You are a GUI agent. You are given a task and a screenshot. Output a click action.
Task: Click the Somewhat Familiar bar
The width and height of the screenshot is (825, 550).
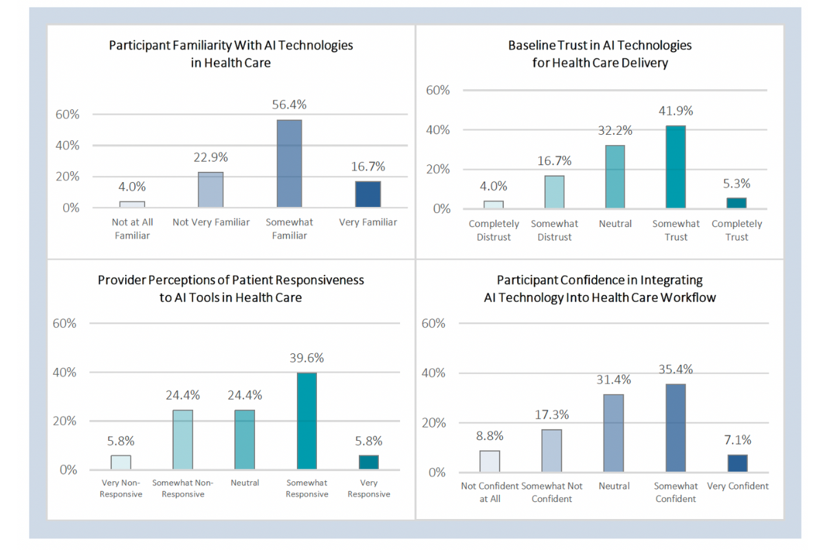(289, 164)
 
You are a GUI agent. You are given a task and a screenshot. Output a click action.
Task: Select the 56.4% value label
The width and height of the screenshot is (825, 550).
(289, 105)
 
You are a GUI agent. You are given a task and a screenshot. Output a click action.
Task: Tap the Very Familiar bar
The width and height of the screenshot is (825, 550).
(368, 194)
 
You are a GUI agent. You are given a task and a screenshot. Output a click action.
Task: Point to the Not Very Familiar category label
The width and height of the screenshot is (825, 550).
(211, 222)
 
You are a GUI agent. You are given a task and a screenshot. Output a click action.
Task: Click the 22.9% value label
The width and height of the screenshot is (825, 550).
(211, 157)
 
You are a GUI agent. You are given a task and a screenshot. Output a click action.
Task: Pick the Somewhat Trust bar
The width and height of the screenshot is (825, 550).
(675, 167)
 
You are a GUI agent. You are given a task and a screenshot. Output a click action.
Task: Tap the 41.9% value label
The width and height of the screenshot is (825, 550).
(675, 111)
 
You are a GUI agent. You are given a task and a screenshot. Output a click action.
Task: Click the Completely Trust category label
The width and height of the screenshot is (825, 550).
(737, 230)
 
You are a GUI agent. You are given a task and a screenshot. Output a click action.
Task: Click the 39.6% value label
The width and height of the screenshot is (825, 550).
(307, 358)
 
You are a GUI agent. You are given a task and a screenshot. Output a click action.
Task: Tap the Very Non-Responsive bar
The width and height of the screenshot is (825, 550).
(121, 462)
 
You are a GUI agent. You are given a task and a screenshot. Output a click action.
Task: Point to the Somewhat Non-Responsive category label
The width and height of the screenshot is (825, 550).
(183, 488)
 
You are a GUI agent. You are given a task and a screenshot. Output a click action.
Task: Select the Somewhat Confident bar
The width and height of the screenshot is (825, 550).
(675, 428)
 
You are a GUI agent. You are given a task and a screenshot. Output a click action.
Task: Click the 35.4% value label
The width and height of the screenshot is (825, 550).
(675, 370)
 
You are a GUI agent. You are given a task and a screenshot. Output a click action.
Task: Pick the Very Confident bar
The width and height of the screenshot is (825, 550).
(737, 463)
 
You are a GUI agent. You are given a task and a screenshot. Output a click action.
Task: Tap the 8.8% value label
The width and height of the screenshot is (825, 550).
(490, 435)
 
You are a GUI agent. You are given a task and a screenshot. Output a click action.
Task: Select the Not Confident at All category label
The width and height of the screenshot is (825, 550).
(490, 492)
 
